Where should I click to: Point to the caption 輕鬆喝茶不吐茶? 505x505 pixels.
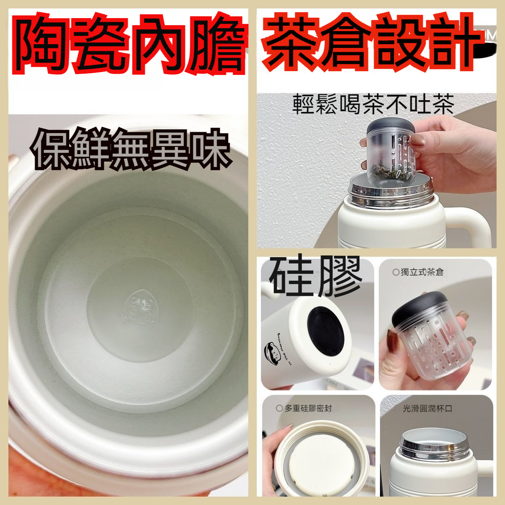pos(373,104)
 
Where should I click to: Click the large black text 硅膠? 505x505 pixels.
pos(316,276)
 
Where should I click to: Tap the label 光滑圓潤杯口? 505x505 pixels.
pos(427,408)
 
